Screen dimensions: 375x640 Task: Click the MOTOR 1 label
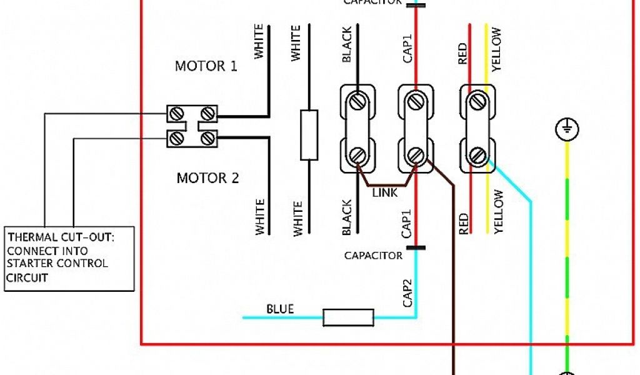pyautogui.click(x=206, y=66)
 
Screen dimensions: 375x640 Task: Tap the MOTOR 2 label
pyautogui.click(x=207, y=179)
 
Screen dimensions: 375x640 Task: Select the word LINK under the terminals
pyautogui.click(x=384, y=193)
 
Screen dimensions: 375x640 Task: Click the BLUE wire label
pyautogui.click(x=280, y=309)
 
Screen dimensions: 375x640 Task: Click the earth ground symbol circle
pyautogui.click(x=567, y=130)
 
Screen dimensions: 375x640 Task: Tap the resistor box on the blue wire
pyautogui.click(x=348, y=317)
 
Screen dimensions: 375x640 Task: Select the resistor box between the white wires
pyautogui.click(x=309, y=135)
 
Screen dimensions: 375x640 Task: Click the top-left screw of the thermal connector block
pyautogui.click(x=176, y=113)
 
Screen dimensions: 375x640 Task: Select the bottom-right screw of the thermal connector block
pyautogui.click(x=208, y=138)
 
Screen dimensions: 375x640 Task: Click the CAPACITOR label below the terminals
pyautogui.click(x=373, y=256)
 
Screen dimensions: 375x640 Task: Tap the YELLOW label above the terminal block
pyautogui.click(x=497, y=49)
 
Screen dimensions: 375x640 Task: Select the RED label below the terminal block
pyautogui.click(x=463, y=223)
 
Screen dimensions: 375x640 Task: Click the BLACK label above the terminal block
pyautogui.click(x=347, y=45)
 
